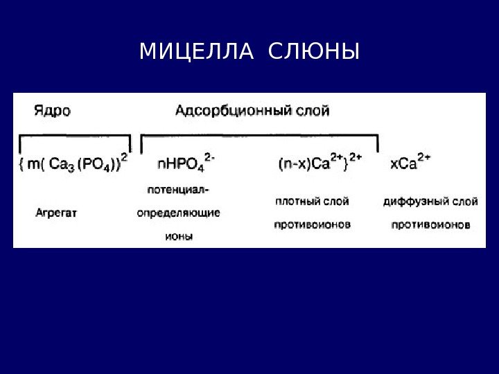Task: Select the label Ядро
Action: point(51,111)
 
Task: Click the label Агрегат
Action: point(55,213)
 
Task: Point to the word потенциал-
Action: point(179,188)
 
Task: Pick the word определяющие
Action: point(178,213)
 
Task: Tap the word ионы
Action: point(178,236)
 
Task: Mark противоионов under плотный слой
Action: point(312,224)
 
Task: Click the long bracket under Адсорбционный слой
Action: point(260,136)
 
